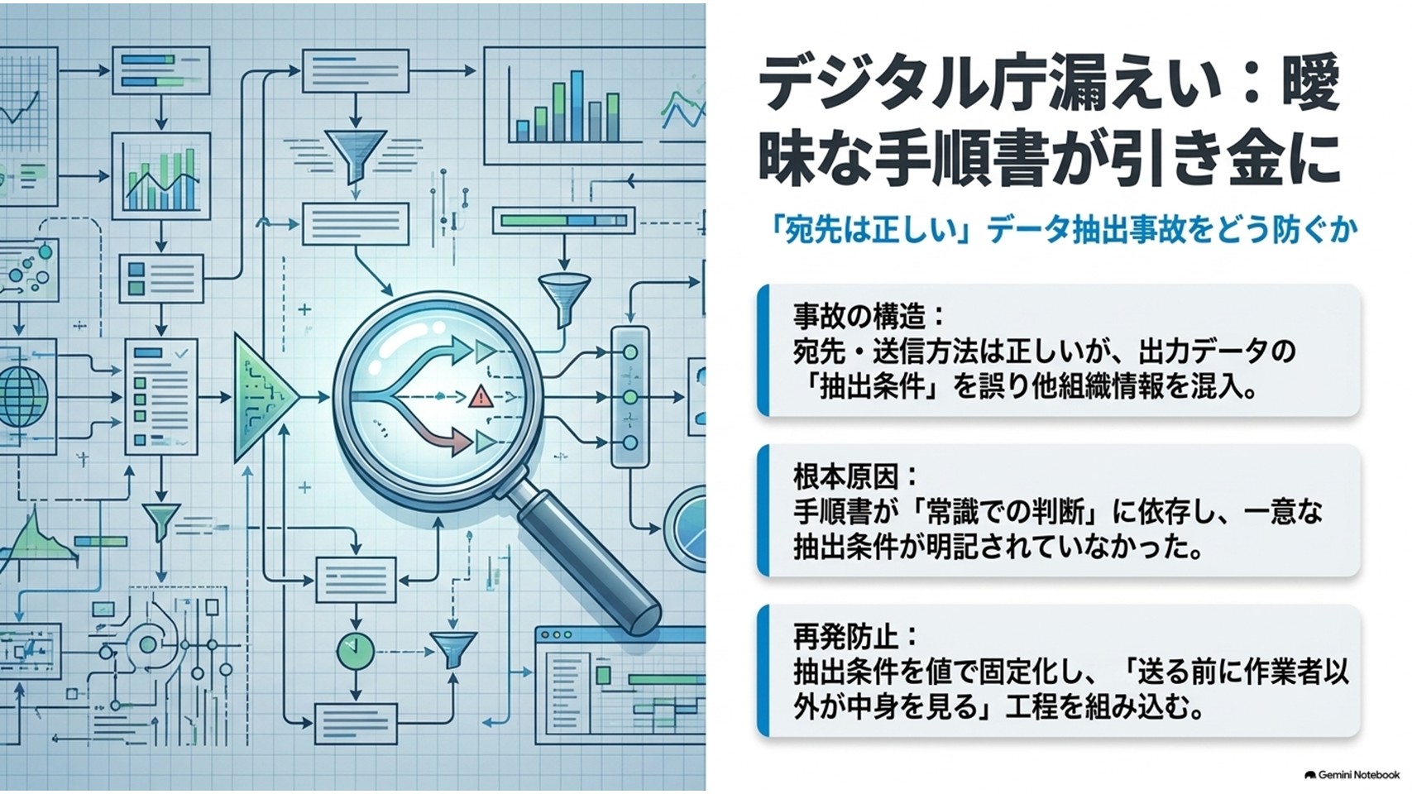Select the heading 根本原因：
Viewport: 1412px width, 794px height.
pyautogui.click(x=857, y=477)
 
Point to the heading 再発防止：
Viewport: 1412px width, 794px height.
pyautogui.click(x=857, y=637)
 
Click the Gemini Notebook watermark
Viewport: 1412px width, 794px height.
pyautogui.click(x=1352, y=775)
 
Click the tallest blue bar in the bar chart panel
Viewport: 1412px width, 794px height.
pyautogui.click(x=577, y=106)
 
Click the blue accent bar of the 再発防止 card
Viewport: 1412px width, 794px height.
pyautogui.click(x=763, y=671)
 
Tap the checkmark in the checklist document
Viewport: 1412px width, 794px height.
pyautogui.click(x=181, y=354)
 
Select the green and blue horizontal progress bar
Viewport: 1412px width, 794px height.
pyautogui.click(x=564, y=221)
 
